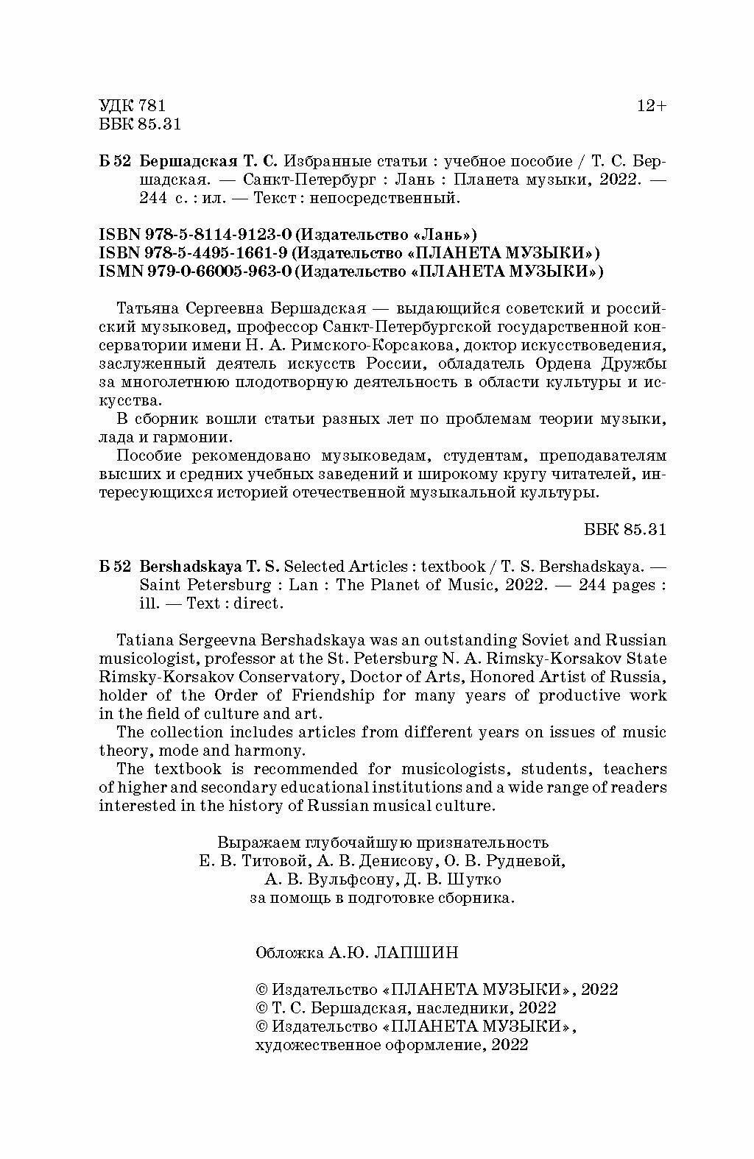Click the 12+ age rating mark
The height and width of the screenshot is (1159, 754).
click(651, 106)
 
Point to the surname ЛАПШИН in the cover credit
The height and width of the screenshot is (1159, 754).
click(416, 953)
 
